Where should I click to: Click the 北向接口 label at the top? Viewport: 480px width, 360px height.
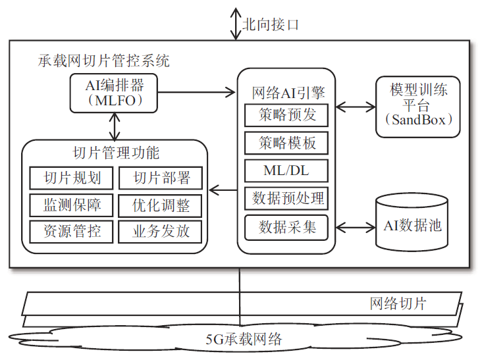point(271,25)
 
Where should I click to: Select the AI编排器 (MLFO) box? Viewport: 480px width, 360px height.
point(115,93)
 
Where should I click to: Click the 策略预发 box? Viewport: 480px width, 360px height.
point(286,115)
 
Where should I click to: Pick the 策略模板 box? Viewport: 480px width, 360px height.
point(286,143)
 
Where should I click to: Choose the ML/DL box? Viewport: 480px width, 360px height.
point(286,170)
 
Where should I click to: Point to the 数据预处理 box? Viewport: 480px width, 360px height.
point(286,198)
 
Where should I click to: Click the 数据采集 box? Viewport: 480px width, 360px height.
point(286,227)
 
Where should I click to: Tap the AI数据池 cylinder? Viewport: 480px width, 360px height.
point(412,224)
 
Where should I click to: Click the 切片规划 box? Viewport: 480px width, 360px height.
point(72,178)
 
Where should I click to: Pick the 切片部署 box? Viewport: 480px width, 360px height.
point(161,178)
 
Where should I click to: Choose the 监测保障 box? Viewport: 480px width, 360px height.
point(72,205)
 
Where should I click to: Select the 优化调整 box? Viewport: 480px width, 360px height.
point(161,205)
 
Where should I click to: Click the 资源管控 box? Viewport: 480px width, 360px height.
point(72,231)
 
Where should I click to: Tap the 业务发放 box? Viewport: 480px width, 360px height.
point(161,231)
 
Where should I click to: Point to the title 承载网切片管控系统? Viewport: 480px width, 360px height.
point(104,61)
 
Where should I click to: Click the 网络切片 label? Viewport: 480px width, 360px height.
point(397,303)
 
